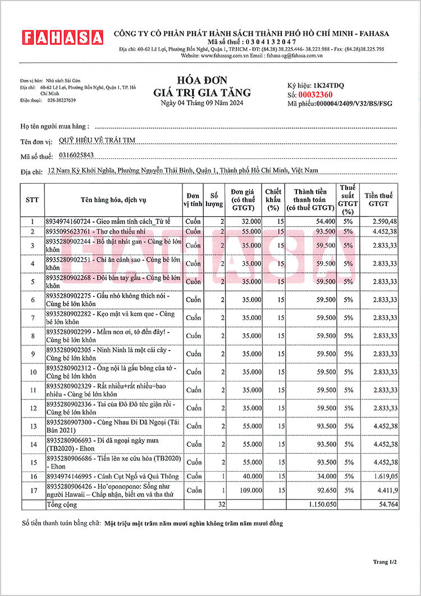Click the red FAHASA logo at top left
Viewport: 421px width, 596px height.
point(63,38)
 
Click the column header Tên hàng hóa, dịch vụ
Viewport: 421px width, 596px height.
point(113,199)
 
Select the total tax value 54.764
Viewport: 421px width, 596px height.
point(388,505)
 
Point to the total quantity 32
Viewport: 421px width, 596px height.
point(221,505)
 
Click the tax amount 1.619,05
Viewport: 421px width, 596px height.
point(385,476)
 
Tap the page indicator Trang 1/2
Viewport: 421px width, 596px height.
point(385,561)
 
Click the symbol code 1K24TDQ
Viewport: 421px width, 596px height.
point(328,85)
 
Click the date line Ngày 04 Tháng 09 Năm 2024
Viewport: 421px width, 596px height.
point(202,103)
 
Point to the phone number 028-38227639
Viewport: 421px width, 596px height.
point(61,100)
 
